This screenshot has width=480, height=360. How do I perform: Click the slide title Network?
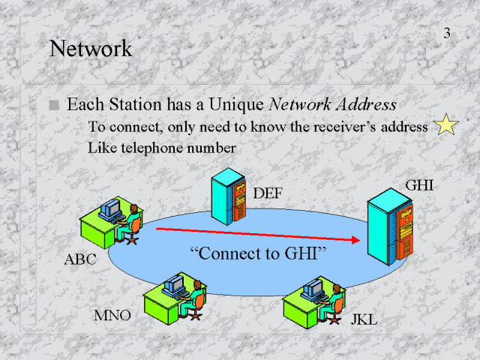coord(90,49)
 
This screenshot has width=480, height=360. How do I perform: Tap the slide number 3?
coord(447,34)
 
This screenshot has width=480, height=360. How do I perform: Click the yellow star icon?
coord(446,125)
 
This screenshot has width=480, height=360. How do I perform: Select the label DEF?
coord(268,193)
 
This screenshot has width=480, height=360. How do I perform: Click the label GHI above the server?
coord(419,184)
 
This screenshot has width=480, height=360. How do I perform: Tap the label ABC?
coord(80,262)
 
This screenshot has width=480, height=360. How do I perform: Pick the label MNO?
coord(112,314)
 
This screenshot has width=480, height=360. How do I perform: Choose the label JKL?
coord(364,320)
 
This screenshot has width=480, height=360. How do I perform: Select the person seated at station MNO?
coord(196,298)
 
